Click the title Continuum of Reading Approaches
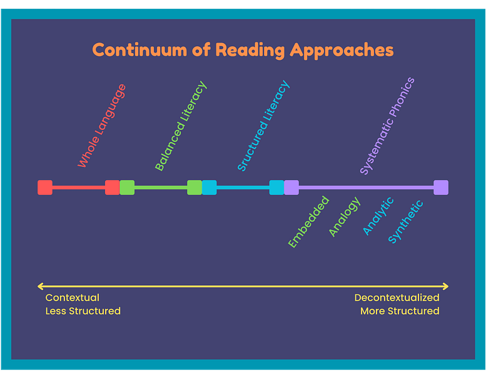click(x=243, y=50)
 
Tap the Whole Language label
click(x=101, y=126)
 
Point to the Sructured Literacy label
click(x=263, y=126)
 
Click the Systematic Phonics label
click(x=387, y=126)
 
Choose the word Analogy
click(x=345, y=217)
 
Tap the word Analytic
click(x=378, y=216)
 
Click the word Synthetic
click(x=406, y=221)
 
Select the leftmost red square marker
click(x=45, y=187)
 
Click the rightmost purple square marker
click(x=441, y=187)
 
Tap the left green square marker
click(x=127, y=187)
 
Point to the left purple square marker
click(x=291, y=187)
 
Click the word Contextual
click(x=73, y=297)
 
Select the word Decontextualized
click(x=397, y=297)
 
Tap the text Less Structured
click(x=83, y=311)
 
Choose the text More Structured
click(x=400, y=311)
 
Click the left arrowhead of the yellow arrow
click(x=40, y=286)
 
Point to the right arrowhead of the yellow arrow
click(x=446, y=286)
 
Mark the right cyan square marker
click(x=276, y=187)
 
